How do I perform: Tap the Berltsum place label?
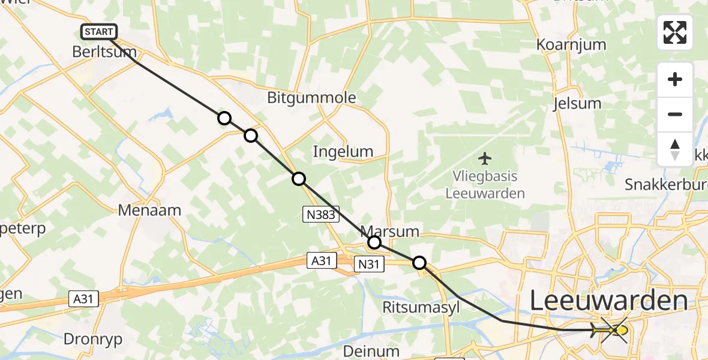pos(104,52)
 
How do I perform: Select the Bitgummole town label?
pos(311,98)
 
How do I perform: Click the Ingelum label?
pos(343,152)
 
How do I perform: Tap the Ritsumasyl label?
pos(421,307)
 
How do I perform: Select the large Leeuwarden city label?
pos(608,301)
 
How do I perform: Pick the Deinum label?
pos(372,350)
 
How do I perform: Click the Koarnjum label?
pos(571,44)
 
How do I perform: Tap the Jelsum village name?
pos(577,103)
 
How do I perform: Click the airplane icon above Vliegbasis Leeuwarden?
pos(485,159)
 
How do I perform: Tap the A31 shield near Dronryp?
pos(83,299)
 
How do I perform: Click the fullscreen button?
pos(675,32)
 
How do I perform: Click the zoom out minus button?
pos(675,115)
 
